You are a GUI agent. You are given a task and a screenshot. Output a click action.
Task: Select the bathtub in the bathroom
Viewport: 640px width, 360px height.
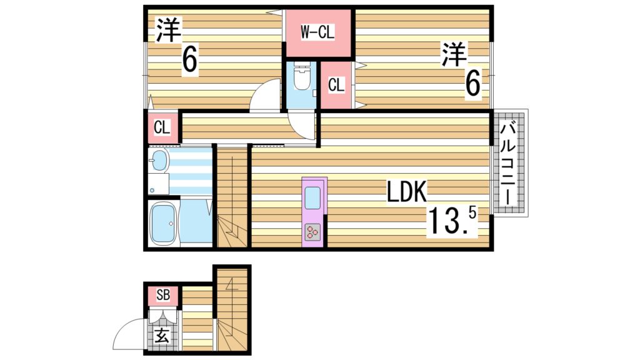164,224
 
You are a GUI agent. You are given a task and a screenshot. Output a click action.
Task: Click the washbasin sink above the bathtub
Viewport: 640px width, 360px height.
159,161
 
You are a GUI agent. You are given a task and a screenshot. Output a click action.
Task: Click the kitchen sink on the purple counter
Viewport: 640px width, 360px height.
312,198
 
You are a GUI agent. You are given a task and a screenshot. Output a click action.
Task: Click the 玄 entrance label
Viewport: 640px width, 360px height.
162,336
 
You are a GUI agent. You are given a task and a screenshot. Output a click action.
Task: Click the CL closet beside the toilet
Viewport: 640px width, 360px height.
336,84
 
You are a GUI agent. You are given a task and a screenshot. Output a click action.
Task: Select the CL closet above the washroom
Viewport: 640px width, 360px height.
162,127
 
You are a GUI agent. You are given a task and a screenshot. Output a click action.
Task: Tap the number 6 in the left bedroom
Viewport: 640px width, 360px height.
190,60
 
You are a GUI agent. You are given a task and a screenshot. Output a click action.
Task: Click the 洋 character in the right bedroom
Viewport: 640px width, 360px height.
455,54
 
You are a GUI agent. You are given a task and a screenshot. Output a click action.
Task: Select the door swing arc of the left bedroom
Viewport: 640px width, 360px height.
265,96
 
